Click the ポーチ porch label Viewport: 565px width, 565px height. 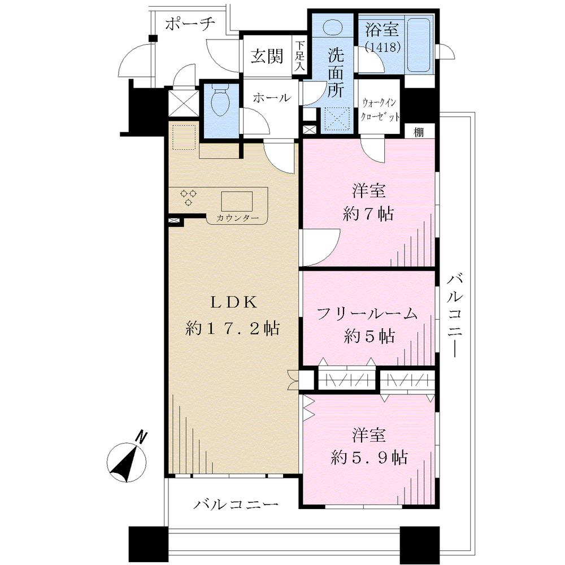190,24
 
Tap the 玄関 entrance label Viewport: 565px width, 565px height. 267,56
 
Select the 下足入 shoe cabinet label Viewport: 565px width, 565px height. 301,56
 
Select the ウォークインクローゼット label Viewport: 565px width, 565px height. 380,110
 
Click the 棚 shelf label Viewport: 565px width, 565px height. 418,132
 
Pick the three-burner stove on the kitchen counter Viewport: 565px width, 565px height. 189,197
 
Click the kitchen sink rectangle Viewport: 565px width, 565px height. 237,201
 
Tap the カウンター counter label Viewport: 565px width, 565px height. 237,218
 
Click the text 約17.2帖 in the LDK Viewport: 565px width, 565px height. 232,328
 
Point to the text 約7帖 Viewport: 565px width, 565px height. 368,214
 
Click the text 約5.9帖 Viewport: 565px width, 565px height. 370,458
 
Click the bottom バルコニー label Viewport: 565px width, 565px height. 236,504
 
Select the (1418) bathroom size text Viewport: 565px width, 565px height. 383,47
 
